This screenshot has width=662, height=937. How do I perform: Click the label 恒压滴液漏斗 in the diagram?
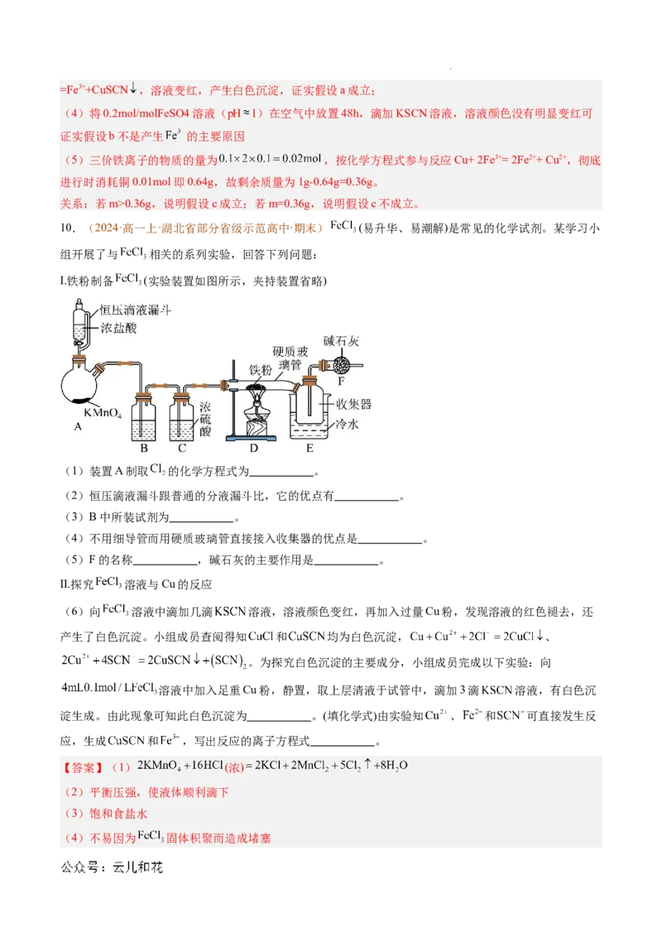coord(136,310)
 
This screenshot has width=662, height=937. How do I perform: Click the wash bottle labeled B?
coord(144,421)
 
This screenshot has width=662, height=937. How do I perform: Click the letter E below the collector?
coord(309,449)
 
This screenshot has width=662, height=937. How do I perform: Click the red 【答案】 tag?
coord(83,766)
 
